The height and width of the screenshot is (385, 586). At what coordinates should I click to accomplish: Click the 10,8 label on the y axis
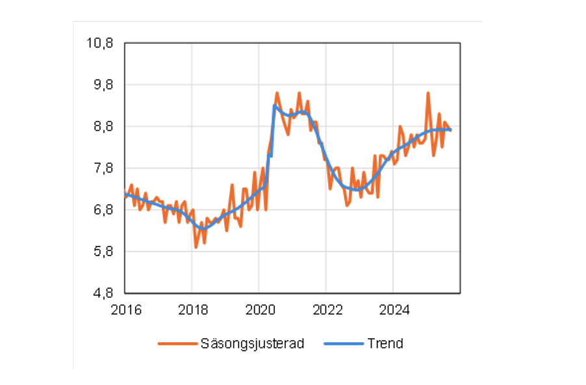tap(100, 44)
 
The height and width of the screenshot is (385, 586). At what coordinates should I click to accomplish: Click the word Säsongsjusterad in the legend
tap(252, 343)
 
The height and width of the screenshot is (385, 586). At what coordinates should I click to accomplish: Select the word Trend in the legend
tap(385, 343)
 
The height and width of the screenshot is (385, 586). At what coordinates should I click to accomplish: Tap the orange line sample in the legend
tap(177, 343)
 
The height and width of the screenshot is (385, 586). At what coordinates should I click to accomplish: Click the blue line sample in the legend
tap(343, 343)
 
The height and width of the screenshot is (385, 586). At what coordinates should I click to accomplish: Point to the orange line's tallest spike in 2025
tap(428, 93)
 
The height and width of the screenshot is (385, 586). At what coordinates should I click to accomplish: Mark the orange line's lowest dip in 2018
tap(196, 247)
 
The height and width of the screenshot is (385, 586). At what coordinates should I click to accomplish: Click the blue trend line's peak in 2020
tap(275, 106)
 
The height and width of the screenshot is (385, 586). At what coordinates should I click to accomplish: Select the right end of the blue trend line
tap(451, 130)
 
